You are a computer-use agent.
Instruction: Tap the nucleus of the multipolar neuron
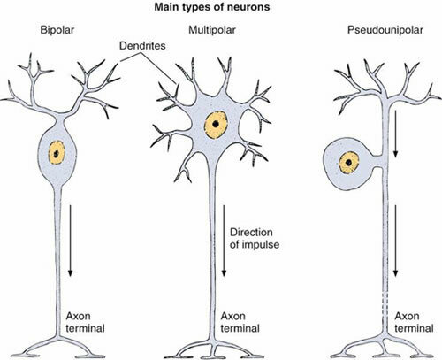click(215, 121)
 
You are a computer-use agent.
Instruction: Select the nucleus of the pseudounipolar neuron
click(351, 163)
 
